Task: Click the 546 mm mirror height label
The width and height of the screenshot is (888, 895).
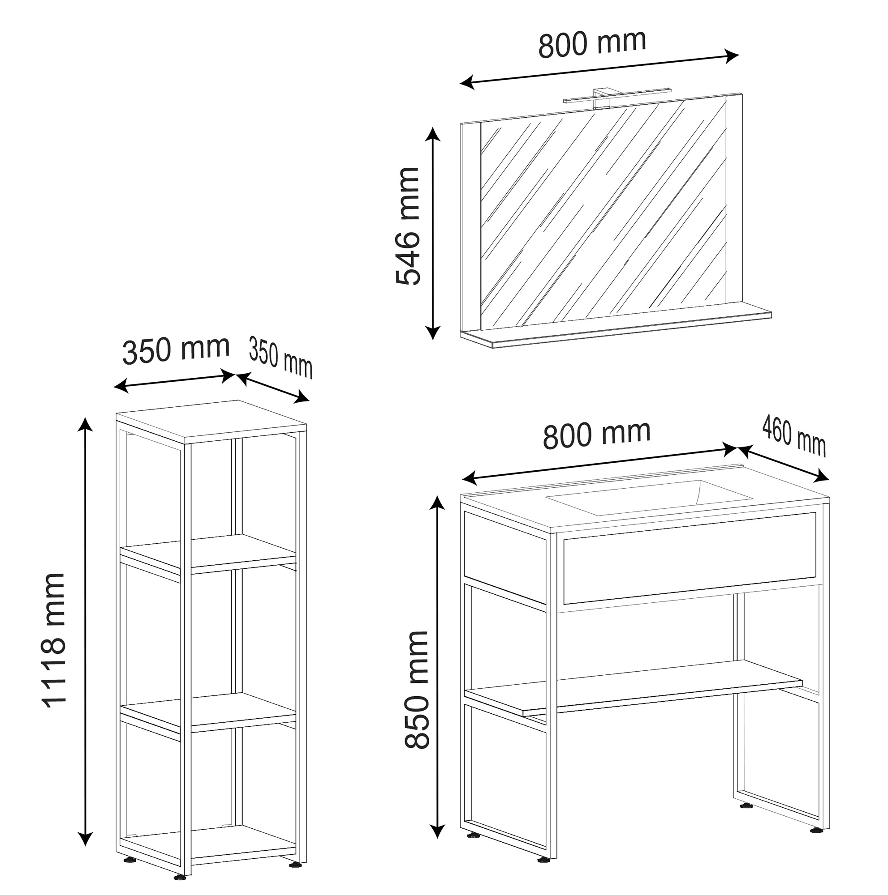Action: click(408, 226)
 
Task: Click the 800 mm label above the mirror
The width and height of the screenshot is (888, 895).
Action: click(592, 43)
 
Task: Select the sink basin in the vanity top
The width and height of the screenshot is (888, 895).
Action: click(649, 497)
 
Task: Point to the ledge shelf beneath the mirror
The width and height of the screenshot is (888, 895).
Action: click(615, 329)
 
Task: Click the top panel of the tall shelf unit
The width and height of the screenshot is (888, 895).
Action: click(211, 420)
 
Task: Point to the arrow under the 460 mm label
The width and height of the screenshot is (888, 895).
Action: click(783, 464)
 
